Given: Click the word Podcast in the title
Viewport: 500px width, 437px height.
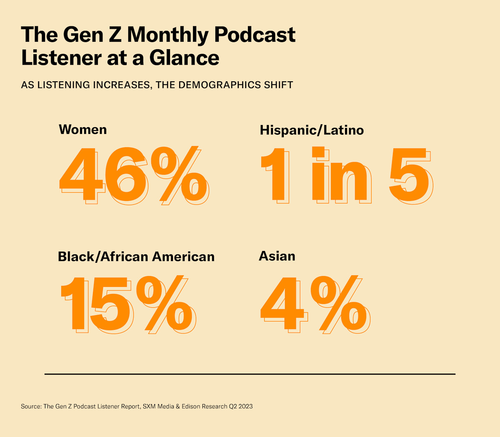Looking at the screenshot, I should [255, 35].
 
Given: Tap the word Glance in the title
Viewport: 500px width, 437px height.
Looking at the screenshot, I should [184, 58].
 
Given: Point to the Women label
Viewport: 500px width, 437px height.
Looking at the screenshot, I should [83, 130].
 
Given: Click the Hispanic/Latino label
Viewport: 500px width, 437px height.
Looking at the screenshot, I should [312, 130].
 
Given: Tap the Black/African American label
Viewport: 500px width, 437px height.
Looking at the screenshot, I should [136, 256].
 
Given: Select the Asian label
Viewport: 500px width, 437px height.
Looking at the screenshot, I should [277, 256].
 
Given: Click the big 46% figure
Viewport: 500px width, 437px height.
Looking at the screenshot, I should [133, 175].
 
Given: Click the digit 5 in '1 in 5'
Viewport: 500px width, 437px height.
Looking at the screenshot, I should [409, 175].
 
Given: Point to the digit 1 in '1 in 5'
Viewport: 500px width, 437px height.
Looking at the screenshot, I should [275, 175].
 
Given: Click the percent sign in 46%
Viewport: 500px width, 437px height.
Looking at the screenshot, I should [179, 175].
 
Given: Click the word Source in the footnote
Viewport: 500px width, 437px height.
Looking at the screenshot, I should [31, 406].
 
